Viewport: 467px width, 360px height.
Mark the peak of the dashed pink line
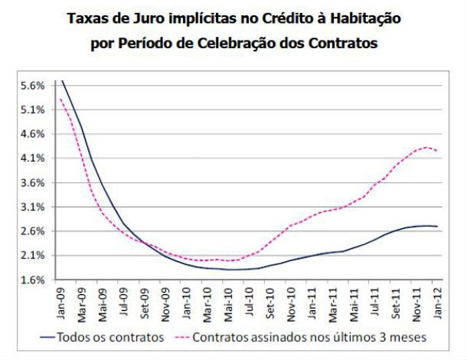426,147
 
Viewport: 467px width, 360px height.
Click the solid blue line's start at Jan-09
61,79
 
